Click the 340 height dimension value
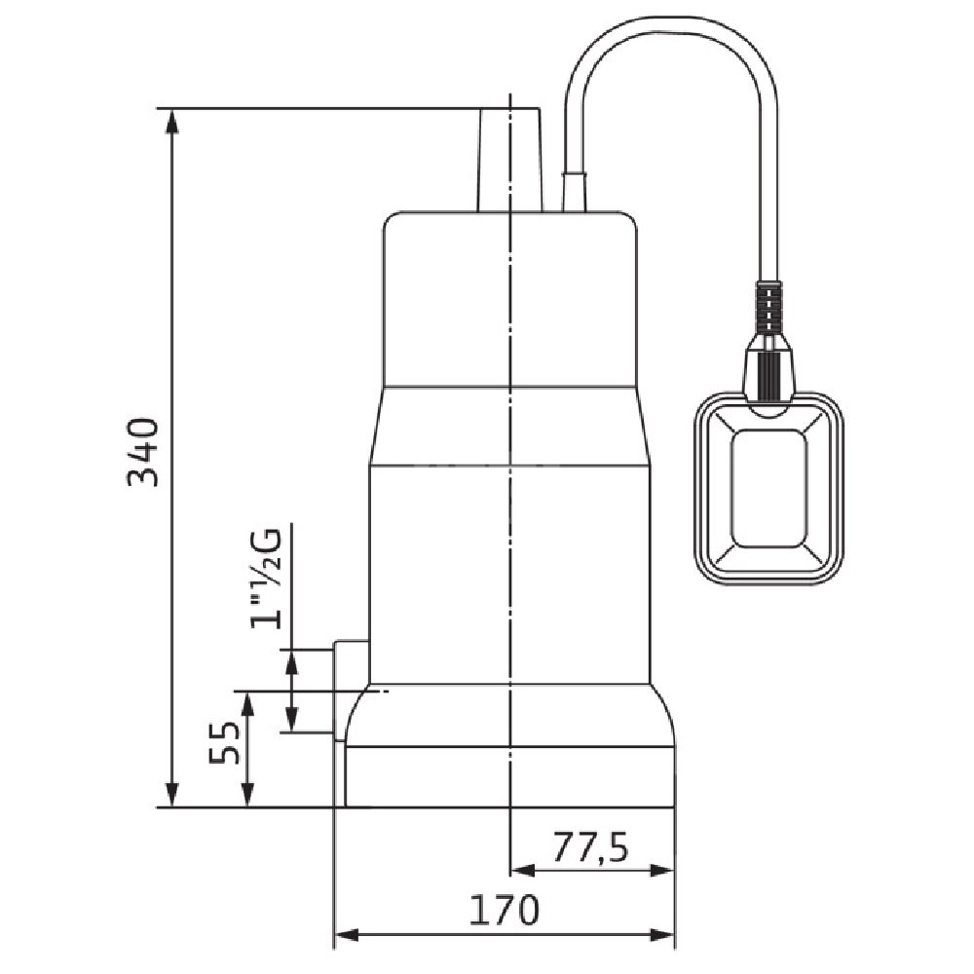[x=143, y=452]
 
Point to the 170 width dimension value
[x=504, y=910]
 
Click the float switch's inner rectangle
[x=769, y=488]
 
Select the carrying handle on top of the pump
[x=509, y=161]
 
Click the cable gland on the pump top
[x=574, y=192]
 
